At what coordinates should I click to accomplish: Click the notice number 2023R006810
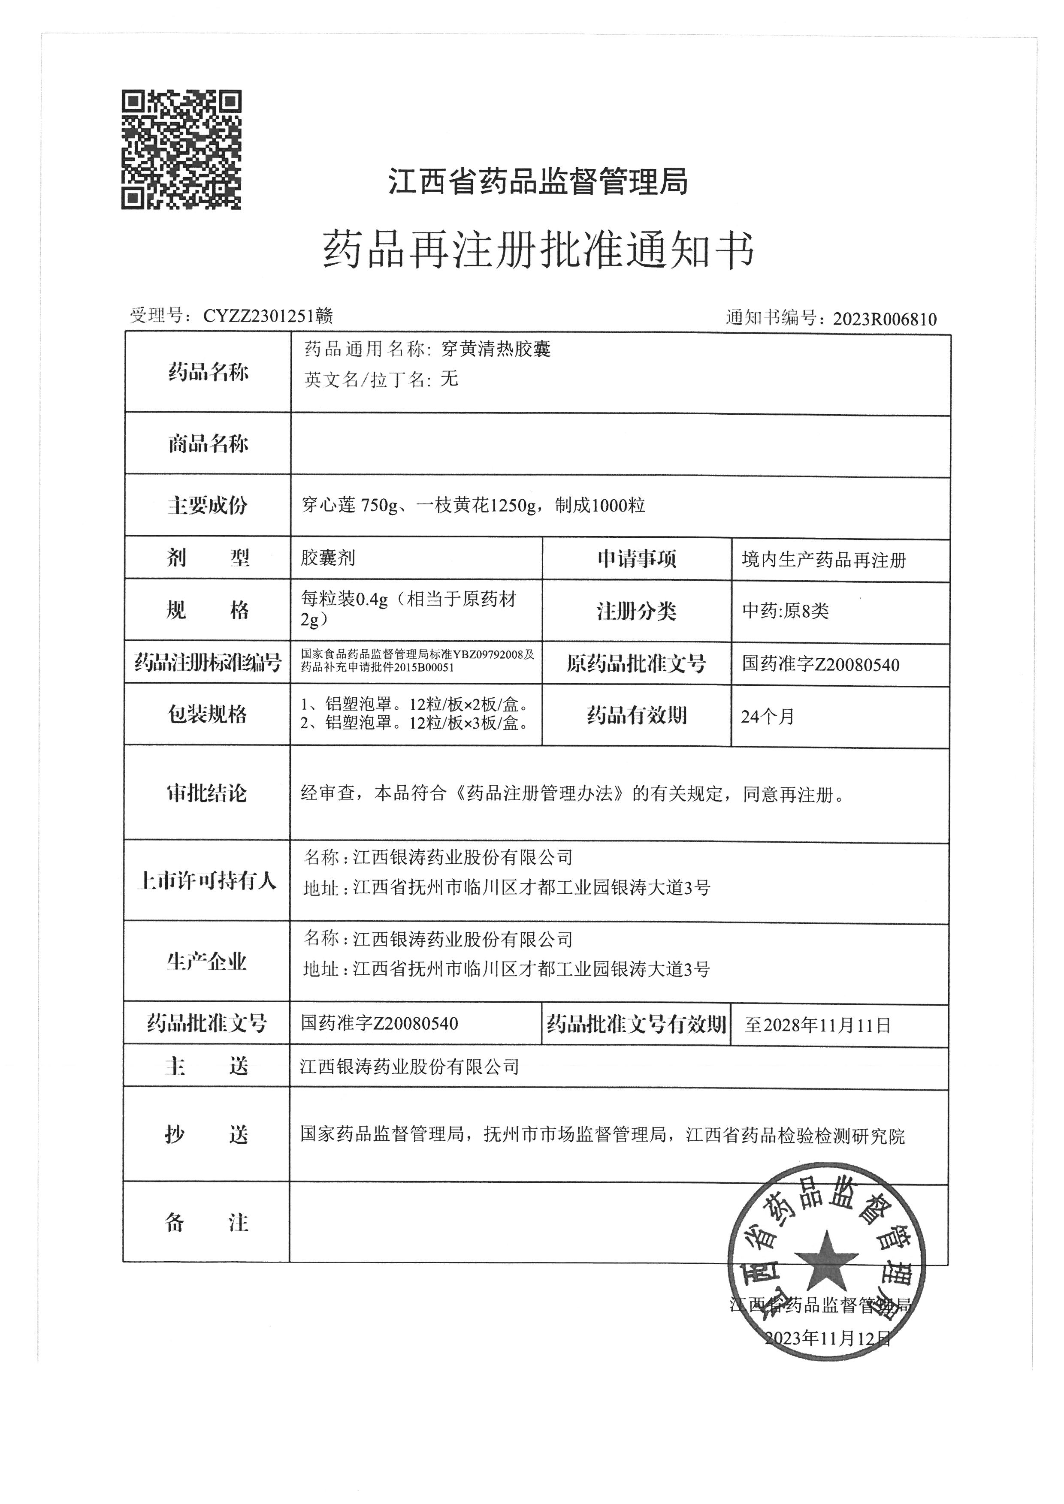[885, 319]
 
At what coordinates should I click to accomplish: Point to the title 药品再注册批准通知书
[538, 250]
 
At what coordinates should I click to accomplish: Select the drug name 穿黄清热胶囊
[496, 349]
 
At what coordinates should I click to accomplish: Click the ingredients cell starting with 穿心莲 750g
[473, 505]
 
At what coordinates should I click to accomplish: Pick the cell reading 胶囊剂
[328, 558]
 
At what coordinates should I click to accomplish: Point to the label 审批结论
[207, 793]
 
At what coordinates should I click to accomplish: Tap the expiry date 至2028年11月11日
[818, 1025]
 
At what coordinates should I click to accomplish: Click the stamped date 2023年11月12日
[828, 1338]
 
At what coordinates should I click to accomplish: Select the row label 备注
[207, 1222]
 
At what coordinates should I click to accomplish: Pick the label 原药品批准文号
[636, 664]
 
